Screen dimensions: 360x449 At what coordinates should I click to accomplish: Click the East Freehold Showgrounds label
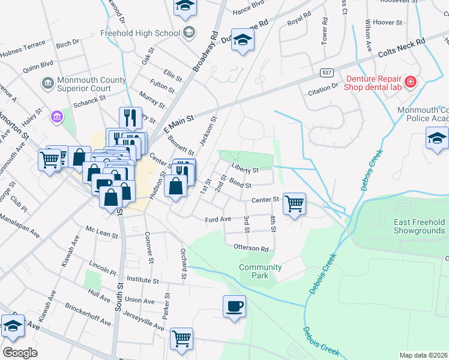419,226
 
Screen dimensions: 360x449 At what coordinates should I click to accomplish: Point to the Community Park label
260,271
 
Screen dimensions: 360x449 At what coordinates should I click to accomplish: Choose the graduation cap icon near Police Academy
437,139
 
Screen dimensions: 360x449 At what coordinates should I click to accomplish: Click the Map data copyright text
423,355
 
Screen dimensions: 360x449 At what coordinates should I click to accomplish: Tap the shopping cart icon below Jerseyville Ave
181,338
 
